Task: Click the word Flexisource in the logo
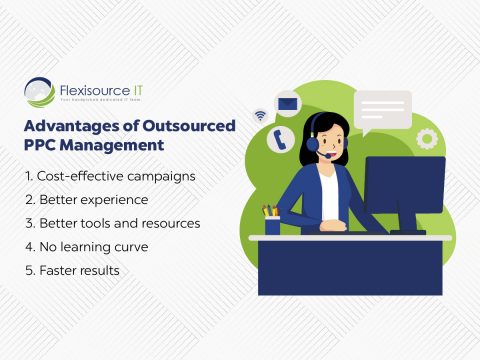100,89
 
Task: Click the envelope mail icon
288,103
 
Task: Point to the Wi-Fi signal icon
259,114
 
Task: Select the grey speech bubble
382,108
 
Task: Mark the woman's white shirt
329,195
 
